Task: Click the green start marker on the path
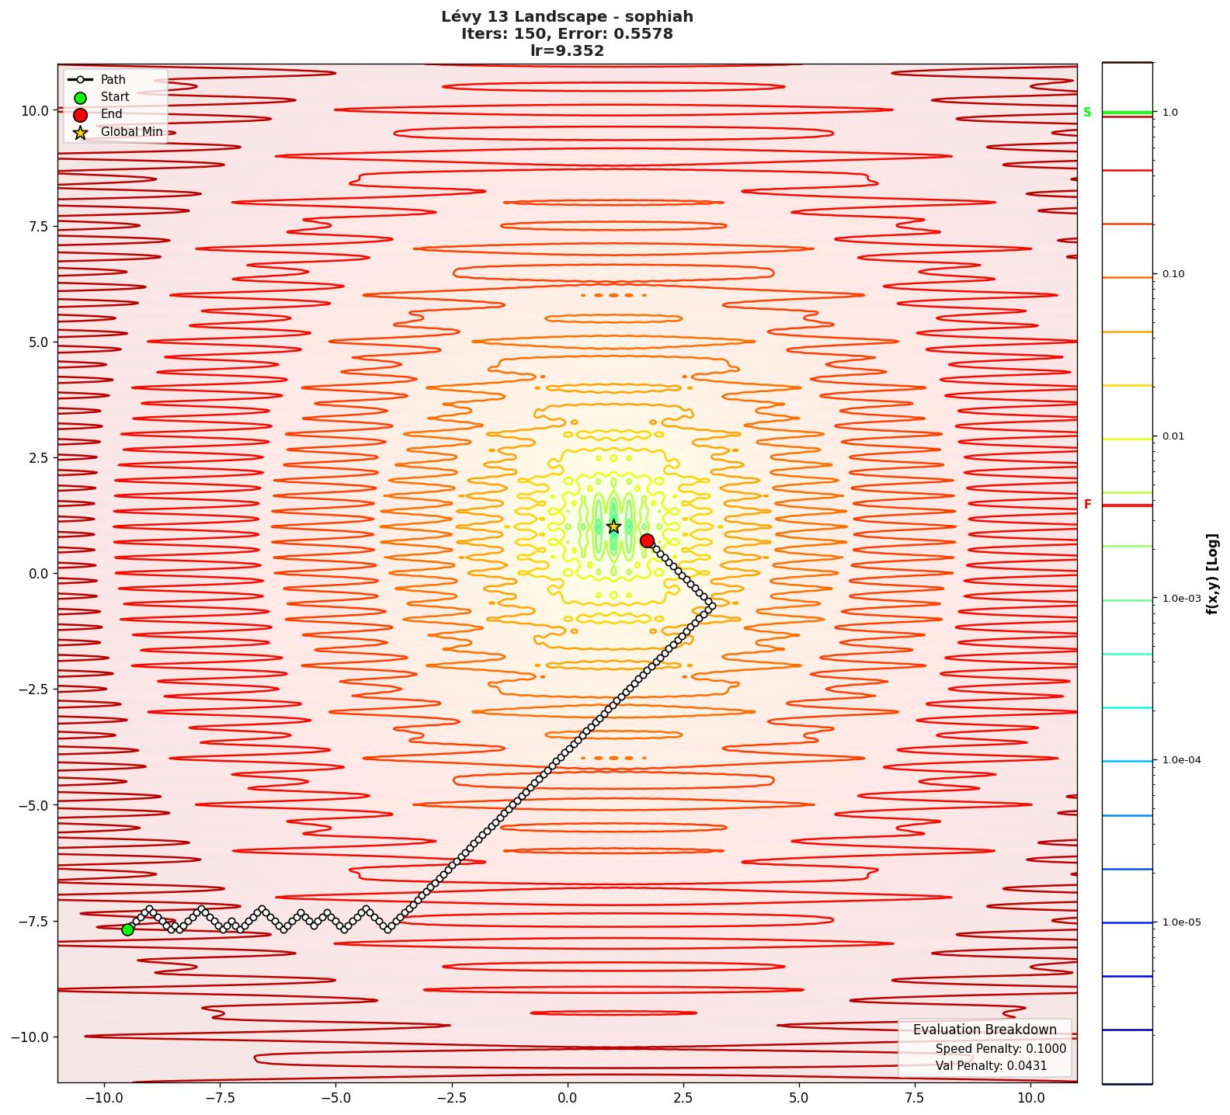pos(127,929)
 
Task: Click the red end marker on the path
pos(647,540)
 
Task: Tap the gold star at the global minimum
pos(613,526)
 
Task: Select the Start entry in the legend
pos(114,97)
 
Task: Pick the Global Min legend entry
pos(131,132)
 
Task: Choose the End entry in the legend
pos(111,114)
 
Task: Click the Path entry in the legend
pos(113,80)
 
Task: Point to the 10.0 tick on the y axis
pos(34,110)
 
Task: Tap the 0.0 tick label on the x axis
pos(567,1098)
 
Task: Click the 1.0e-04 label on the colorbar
pos(1181,760)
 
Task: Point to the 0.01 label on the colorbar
pos(1173,436)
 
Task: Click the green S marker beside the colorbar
pos(1087,113)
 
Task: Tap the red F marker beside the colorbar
pos(1087,505)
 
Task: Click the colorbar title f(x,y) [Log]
pos(1213,574)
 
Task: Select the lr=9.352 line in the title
pos(567,51)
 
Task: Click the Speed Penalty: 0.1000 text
pos(1000,1049)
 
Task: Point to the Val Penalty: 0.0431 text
pos(991,1066)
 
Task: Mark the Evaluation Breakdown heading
pos(985,1030)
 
